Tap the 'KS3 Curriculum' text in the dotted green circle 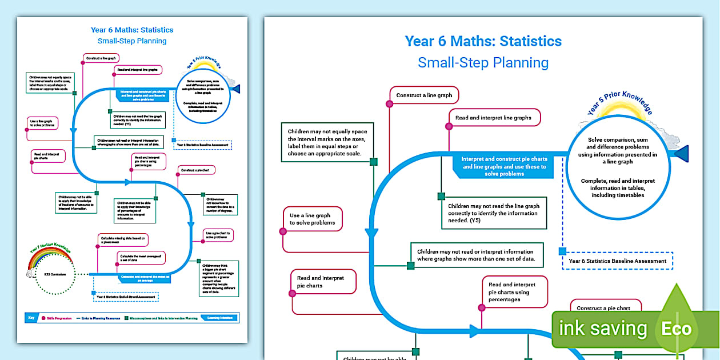click(52, 275)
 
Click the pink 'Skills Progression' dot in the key click(43, 318)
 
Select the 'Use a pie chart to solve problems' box click(219, 235)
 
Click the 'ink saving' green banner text click(603, 329)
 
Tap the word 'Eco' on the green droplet click(677, 329)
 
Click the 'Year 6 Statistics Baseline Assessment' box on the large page click(618, 261)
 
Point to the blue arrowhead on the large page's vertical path click(371, 233)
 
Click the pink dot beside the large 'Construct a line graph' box click(389, 104)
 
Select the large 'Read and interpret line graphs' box click(494, 118)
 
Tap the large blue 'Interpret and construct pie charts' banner click(504, 166)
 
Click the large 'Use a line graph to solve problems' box click(313, 219)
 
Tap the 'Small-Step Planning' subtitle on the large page click(483, 62)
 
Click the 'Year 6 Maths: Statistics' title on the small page click(132, 30)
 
